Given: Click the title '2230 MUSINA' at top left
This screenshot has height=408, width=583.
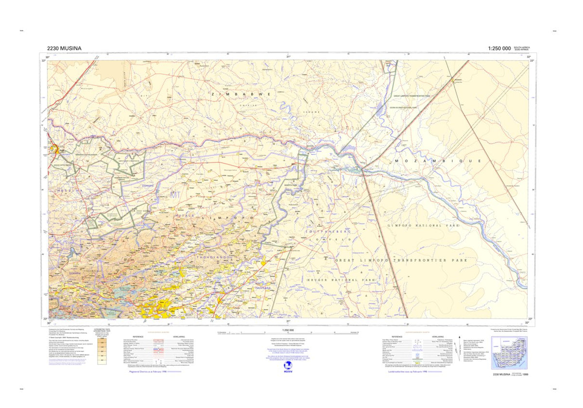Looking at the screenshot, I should click(65, 48).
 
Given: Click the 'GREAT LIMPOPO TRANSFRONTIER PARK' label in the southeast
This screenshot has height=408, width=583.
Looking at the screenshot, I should click(401, 261).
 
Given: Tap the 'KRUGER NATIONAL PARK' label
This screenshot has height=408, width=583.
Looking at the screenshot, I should click(341, 280).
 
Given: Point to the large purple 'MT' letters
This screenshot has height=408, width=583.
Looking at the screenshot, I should click(175, 195).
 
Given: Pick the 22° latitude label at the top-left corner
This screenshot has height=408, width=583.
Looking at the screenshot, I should click(43, 61).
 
